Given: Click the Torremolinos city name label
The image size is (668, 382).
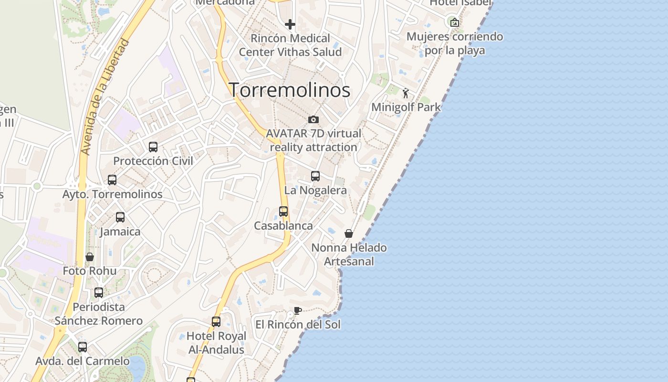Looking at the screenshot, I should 290,90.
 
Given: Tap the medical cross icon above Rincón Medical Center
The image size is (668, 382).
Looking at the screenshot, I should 290,24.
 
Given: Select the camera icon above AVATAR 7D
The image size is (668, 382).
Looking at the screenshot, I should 313,119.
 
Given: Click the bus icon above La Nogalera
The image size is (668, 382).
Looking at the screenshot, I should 315,176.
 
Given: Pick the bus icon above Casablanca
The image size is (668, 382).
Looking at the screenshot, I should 283,212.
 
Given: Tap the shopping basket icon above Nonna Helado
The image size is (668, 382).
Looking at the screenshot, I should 349,233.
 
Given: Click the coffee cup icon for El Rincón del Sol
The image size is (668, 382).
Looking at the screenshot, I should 298,311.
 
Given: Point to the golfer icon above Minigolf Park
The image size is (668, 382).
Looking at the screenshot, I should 406,93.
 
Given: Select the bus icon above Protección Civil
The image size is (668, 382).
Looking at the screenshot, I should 153,147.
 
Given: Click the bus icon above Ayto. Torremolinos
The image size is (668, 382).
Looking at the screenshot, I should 112,180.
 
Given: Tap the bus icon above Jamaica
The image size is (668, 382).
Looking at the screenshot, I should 120,217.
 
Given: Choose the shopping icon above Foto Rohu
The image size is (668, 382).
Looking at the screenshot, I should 89,257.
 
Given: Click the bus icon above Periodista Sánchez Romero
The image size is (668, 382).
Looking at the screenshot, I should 99,293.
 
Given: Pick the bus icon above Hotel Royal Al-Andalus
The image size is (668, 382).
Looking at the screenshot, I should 216,322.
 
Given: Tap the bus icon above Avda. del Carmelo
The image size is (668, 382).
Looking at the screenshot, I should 83,347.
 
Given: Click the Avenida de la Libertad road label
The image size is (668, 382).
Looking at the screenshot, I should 105,97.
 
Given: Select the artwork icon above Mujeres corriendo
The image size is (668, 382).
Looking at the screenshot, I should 455,22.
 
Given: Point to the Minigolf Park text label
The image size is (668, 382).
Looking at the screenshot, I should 406,107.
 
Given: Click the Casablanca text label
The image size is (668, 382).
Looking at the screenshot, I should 283,226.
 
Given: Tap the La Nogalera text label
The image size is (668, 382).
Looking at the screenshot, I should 315,190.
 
